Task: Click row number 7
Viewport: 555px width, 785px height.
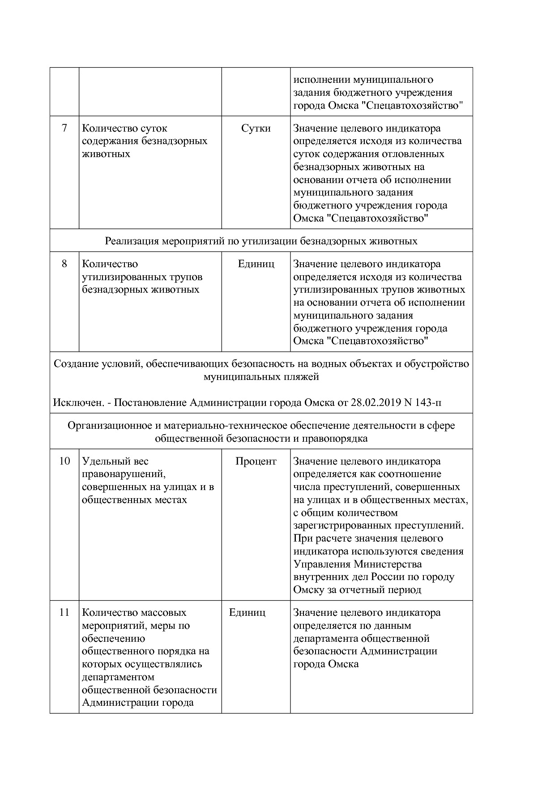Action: click(x=64, y=128)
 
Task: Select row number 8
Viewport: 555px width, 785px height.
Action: click(x=64, y=264)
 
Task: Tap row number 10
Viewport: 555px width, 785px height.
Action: click(x=64, y=461)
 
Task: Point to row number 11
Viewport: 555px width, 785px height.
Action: click(x=64, y=613)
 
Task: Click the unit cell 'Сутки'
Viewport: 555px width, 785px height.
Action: click(x=256, y=128)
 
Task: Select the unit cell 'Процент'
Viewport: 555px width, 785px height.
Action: click(x=256, y=461)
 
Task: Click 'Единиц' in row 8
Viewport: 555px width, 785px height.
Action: click(x=256, y=264)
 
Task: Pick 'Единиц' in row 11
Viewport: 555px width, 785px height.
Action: click(x=247, y=613)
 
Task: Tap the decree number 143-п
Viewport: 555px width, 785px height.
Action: click(x=428, y=402)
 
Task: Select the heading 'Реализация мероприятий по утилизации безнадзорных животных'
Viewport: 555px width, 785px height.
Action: click(x=261, y=241)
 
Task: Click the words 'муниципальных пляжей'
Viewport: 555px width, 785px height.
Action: click(x=261, y=377)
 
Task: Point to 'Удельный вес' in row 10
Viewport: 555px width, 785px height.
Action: click(x=115, y=461)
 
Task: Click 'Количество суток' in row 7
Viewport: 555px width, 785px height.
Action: click(x=124, y=128)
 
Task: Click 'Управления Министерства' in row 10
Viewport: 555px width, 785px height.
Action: click(x=358, y=564)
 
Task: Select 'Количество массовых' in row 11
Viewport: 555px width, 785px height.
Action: click(x=134, y=613)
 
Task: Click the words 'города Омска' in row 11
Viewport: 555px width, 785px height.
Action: click(x=326, y=664)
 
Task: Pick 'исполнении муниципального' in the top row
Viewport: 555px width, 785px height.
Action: click(x=363, y=80)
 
